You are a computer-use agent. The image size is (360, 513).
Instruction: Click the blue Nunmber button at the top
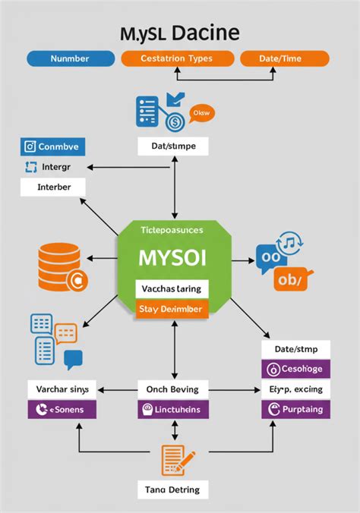[69, 58]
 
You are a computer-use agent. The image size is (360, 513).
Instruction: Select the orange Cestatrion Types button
[176, 58]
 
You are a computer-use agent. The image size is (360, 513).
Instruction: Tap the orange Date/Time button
[284, 58]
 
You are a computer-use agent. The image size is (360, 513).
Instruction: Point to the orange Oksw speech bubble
[201, 114]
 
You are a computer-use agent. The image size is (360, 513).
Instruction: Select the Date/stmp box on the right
[295, 348]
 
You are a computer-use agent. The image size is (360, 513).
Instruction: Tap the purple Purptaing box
[295, 409]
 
